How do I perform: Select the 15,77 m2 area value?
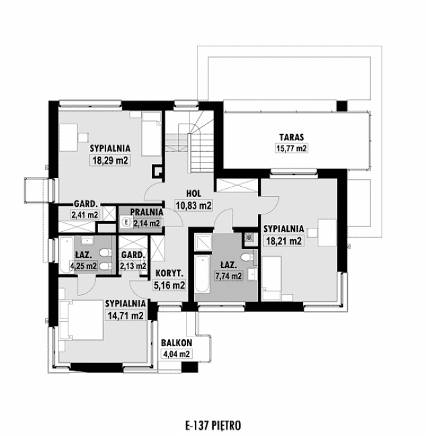coord(290,148)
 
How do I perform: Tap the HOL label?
coord(194,192)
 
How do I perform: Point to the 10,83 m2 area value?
coord(194,205)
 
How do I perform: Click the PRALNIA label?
coord(146,212)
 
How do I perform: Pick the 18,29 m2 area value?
coord(109,161)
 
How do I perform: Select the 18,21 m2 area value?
coord(283,242)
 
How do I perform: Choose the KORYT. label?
coord(170,273)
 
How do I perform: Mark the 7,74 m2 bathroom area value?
coord(228,275)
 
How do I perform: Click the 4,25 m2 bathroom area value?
coord(85,265)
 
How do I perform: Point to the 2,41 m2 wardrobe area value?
coord(85,215)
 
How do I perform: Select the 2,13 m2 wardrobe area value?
coord(133,266)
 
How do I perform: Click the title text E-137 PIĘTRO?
coord(212,425)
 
